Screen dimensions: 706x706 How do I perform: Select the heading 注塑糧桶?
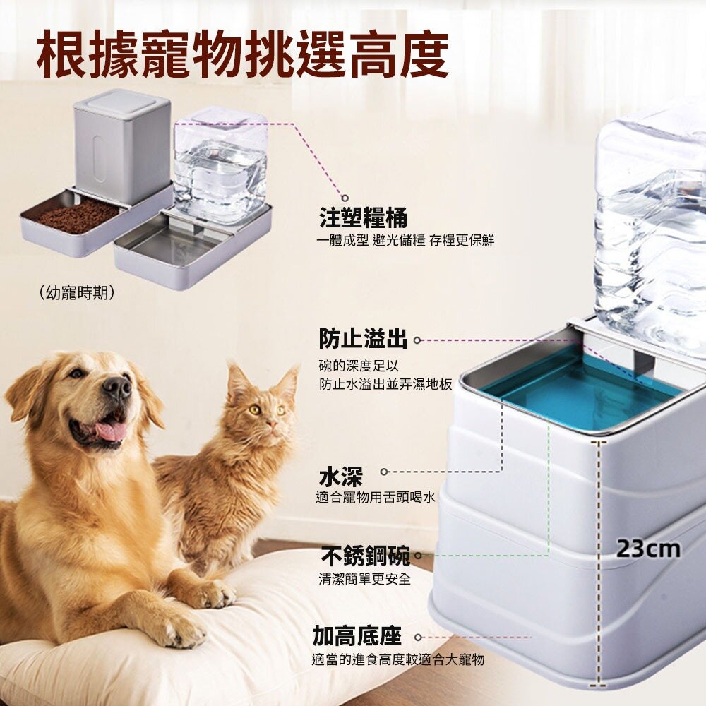pos(363,217)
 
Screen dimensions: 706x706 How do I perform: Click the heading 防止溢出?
pos(363,339)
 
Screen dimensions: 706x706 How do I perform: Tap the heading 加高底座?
pos(357,636)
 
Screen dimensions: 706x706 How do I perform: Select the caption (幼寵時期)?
pos(77,293)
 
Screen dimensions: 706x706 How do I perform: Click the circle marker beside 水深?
pos(384,472)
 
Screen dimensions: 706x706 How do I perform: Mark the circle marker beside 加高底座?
pos(418,637)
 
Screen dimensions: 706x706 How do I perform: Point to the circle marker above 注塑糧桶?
pos(345,198)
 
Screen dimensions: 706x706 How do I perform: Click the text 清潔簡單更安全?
pos(365,579)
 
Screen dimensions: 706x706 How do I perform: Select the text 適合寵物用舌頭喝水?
pos(376,497)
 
